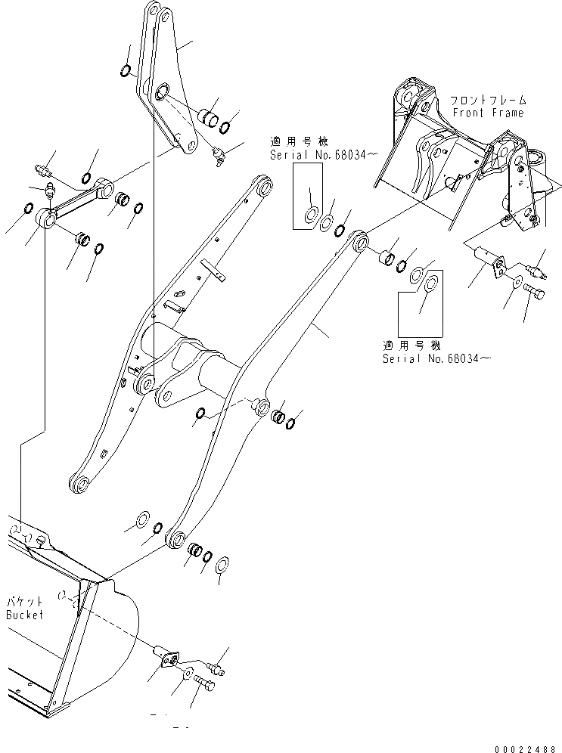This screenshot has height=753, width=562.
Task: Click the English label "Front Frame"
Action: coord(487,113)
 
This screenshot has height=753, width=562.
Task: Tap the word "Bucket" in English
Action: coord(25,615)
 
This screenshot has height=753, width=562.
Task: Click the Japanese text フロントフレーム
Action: coord(488,100)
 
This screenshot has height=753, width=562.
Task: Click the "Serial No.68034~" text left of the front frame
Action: coord(317,154)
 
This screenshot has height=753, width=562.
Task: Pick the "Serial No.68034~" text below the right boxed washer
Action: coord(434,358)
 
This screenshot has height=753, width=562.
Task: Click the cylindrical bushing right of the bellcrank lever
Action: coord(206,117)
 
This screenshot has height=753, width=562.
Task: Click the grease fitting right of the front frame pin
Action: coord(538,268)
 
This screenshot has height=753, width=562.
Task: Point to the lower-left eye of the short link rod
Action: coord(47,221)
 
